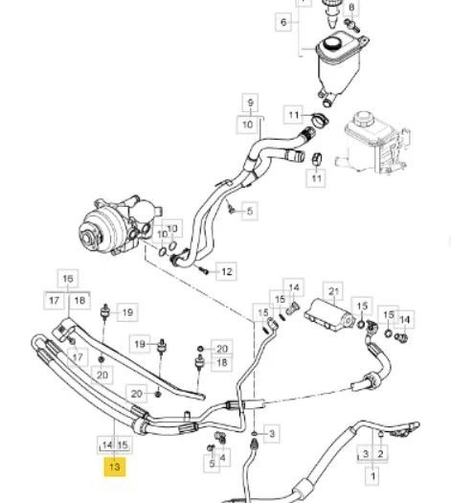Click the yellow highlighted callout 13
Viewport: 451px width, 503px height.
coord(115,467)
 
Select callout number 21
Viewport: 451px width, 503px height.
coord(333,291)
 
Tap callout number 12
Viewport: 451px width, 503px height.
coord(226,271)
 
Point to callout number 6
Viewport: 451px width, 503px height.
coord(283,22)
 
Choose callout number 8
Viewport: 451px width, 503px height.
coord(351,7)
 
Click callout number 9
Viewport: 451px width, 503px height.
coord(250,103)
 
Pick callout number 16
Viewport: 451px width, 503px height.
coord(68,279)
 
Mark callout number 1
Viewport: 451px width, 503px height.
coord(372,476)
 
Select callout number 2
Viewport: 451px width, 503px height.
coord(380,453)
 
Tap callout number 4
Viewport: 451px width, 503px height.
coord(223,457)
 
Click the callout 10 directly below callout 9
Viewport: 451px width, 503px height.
coord(247,125)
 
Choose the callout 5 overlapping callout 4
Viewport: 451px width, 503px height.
coord(212,464)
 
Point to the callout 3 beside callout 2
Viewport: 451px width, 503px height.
coord(366,453)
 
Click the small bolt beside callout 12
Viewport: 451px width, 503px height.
coord(204,271)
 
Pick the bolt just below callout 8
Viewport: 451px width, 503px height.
coord(352,26)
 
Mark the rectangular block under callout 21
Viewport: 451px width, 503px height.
coord(329,314)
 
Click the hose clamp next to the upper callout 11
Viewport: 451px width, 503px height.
coord(320,120)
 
